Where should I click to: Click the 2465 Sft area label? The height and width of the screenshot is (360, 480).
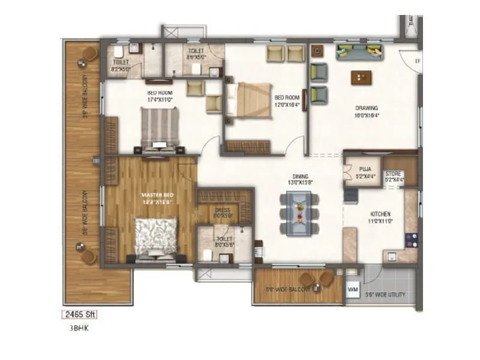coord(79,314)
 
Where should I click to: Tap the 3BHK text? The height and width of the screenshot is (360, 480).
coord(77,329)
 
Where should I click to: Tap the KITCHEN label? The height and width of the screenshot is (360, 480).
coord(380,214)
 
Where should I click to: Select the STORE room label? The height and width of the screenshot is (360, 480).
coord(394,174)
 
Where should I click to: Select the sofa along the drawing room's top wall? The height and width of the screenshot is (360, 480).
coord(360,53)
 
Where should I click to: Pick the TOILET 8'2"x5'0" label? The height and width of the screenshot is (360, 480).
coord(121,66)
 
